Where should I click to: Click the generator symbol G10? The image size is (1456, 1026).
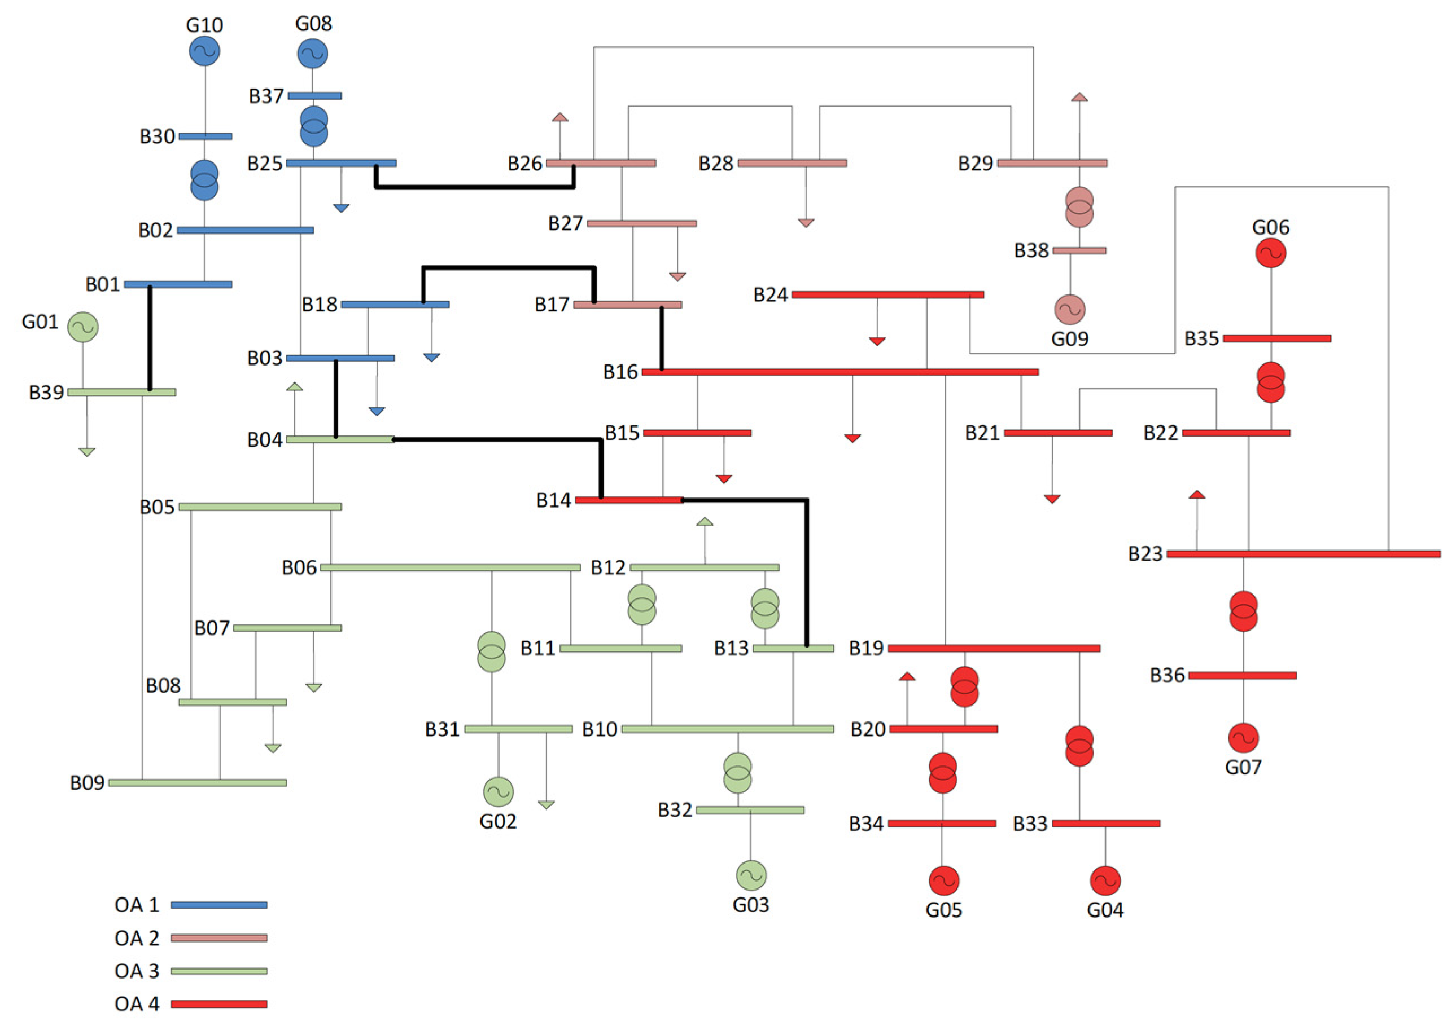(204, 51)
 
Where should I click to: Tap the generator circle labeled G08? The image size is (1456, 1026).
(313, 54)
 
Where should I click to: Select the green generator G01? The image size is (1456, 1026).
(83, 327)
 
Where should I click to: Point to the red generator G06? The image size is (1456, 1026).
(1270, 253)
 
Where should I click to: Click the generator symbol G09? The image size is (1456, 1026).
(1070, 310)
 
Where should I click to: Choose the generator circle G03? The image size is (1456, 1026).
(751, 875)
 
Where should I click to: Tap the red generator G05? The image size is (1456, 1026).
(943, 881)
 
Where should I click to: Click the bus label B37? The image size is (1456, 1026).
(266, 96)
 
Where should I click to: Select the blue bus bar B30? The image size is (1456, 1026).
(205, 136)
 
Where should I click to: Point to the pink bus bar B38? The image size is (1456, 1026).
(1079, 251)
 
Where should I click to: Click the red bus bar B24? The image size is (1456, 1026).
(888, 294)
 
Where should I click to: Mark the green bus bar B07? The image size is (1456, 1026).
(287, 628)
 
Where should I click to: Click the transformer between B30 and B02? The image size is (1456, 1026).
(204, 180)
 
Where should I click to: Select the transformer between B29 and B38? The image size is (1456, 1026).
(1079, 207)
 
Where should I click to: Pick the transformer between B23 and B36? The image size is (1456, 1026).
(1243, 611)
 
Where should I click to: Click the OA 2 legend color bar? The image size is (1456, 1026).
(219, 938)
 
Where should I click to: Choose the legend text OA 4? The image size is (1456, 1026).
(137, 1004)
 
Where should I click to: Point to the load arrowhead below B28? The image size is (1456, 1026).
(806, 223)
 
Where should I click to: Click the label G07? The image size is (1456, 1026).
(1243, 768)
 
